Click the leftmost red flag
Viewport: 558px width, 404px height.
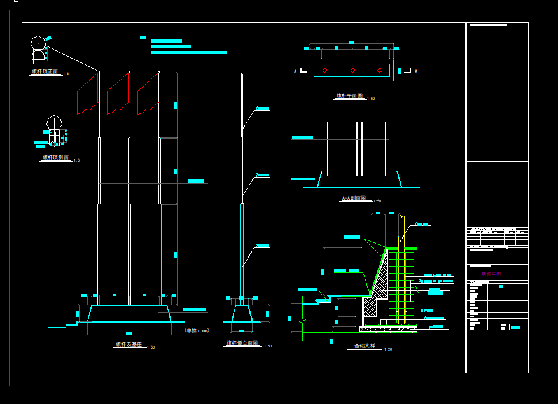pos(88,94)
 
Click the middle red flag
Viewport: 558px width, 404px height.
pos(118,94)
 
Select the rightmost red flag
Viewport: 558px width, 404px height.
pos(148,94)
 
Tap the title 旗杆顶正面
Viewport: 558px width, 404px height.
pos(45,72)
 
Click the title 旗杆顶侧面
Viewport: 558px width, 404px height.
pos(56,157)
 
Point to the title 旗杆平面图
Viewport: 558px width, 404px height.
pos(349,96)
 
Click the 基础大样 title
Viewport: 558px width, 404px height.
pos(365,346)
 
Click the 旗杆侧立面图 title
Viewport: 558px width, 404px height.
pos(242,343)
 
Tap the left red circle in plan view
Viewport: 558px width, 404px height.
pos(325,70)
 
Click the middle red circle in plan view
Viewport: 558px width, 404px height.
pos(352,70)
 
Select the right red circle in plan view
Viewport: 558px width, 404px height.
pos(380,70)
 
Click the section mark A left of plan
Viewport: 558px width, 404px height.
pos(295,71)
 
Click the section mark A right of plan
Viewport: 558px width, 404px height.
pos(415,71)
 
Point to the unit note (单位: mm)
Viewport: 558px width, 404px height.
pos(197,330)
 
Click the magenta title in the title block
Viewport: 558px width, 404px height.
pos(491,274)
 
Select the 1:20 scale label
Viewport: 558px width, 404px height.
pos(388,349)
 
